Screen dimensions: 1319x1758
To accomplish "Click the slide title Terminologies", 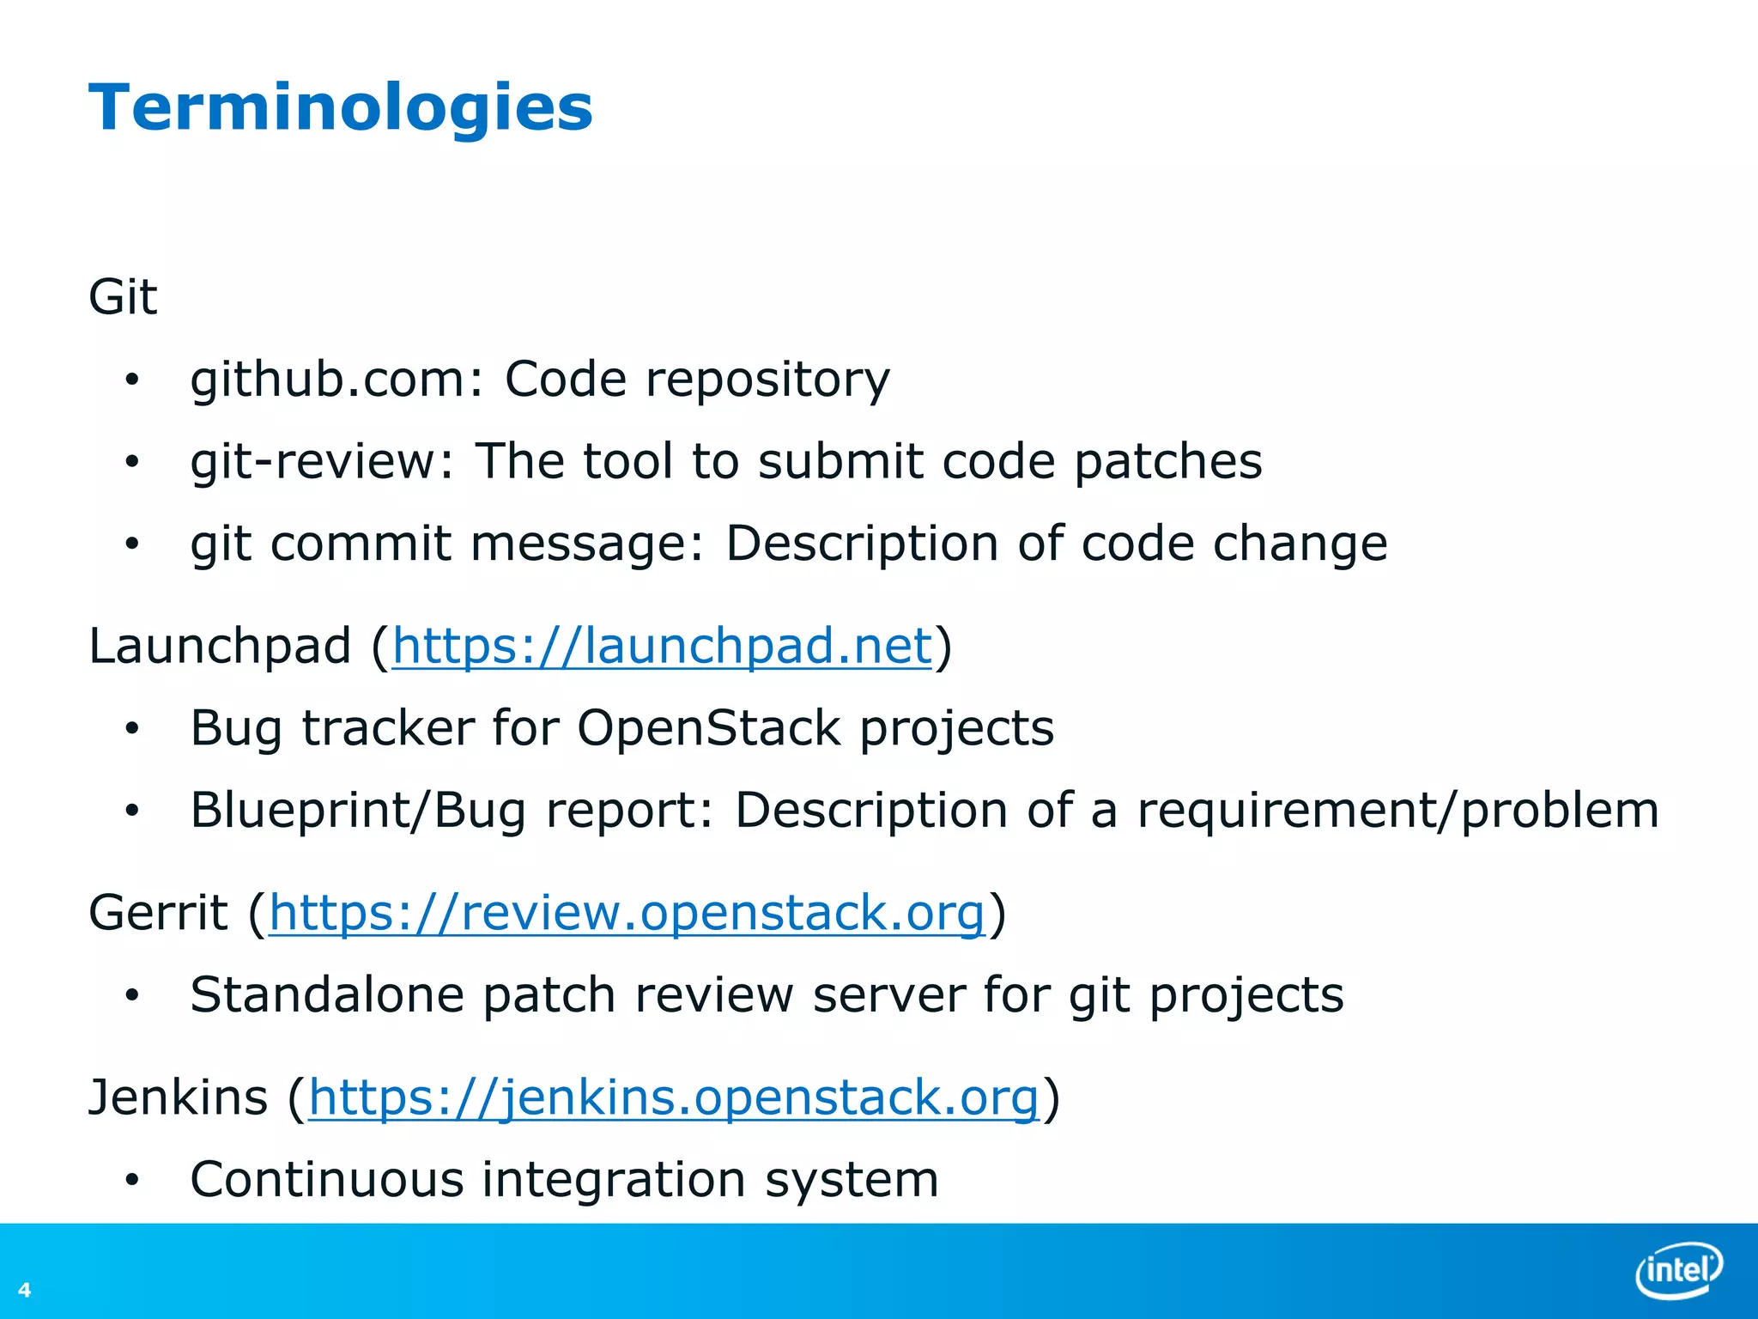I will [x=340, y=108].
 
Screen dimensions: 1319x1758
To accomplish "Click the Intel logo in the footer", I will [x=1678, y=1268].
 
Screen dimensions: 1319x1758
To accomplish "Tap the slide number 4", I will [x=24, y=1289].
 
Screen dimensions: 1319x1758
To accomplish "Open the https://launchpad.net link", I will [x=662, y=646].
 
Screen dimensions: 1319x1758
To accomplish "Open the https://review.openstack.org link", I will [x=627, y=912].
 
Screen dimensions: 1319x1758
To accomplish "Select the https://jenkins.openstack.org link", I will [x=674, y=1097].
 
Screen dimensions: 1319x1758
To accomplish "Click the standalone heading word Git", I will [x=123, y=297].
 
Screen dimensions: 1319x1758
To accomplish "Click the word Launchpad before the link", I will [x=220, y=646].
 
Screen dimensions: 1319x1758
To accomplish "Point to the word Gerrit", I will [x=158, y=912].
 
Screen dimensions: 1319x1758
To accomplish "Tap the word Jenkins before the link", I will [x=178, y=1097].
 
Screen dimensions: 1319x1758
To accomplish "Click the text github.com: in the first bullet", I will [x=337, y=380].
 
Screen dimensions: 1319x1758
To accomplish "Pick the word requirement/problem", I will [x=1397, y=810].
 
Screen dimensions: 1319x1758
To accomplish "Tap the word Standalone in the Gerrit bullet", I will [x=326, y=994].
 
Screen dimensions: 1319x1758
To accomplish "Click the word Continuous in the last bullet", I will [x=326, y=1179].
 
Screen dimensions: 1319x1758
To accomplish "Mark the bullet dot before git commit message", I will [x=131, y=544].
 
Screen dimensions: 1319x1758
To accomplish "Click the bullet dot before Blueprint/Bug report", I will [x=131, y=810].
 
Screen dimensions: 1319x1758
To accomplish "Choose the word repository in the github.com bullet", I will [x=767, y=380].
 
